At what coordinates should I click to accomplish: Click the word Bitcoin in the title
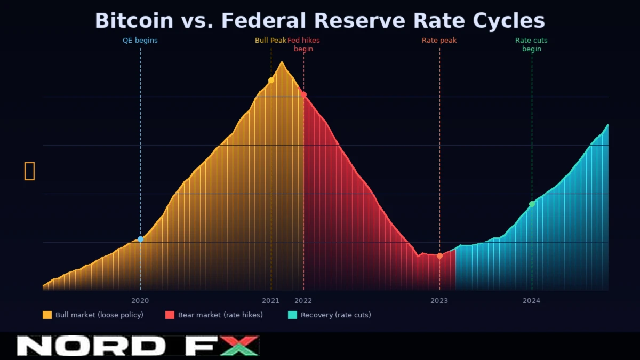pos(134,21)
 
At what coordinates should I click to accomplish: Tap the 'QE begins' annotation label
pos(140,40)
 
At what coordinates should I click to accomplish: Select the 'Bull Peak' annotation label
pos(270,40)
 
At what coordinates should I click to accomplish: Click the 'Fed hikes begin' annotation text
pos(303,44)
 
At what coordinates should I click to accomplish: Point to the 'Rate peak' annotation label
pos(439,40)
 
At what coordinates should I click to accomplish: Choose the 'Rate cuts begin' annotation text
pos(531,44)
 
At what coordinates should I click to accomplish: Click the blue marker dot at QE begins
pos(141,239)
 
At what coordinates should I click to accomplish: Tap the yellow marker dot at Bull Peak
pos(271,80)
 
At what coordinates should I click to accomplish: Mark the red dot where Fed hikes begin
pos(303,94)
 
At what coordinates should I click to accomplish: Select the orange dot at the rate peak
pos(439,256)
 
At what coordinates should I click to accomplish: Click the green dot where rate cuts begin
pos(532,204)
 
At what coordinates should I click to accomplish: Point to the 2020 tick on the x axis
pos(140,300)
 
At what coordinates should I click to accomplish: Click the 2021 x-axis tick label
pos(270,300)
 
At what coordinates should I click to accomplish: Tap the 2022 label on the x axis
pos(303,300)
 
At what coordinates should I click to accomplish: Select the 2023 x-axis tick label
pos(439,300)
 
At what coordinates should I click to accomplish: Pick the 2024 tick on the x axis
pos(531,300)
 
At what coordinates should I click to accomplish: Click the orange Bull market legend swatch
pos(47,315)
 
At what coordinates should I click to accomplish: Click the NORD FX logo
pos(138,346)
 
